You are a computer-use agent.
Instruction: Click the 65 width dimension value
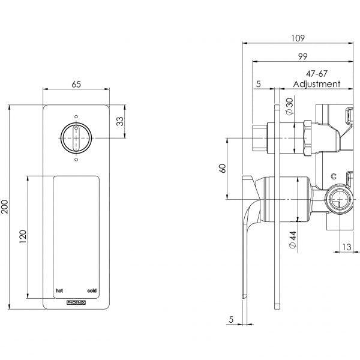(x=76, y=85)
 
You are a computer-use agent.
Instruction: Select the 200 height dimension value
(x=7, y=207)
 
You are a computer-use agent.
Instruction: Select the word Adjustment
(x=316, y=85)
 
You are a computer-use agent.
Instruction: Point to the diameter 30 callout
(x=290, y=107)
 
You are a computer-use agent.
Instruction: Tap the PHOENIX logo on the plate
(x=76, y=302)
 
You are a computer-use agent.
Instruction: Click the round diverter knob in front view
(x=76, y=139)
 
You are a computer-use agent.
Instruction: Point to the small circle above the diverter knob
(x=76, y=117)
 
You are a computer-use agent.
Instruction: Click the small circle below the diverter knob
(x=76, y=160)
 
